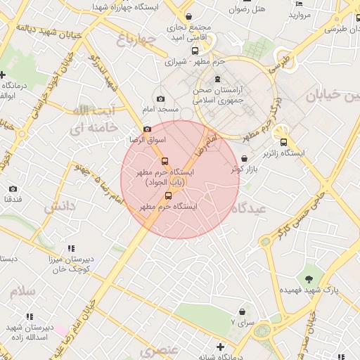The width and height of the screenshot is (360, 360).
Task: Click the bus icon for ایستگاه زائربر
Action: pos(283,141)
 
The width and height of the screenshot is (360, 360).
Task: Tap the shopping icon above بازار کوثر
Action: pos(244,159)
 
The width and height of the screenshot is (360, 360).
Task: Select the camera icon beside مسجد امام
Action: pos(161,99)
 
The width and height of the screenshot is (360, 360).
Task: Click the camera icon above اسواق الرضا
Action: pos(147,129)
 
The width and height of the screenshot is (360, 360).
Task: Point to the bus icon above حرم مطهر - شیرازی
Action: pos(195,50)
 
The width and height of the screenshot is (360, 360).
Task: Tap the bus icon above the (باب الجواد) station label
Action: pos(165,161)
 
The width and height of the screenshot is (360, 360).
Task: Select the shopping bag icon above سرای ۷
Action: pos(243,311)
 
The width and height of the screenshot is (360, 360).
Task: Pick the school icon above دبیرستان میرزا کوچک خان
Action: pos(71,248)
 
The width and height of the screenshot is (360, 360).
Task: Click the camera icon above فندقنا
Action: pos(13,189)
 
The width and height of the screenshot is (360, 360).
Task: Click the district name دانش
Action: pos(59,207)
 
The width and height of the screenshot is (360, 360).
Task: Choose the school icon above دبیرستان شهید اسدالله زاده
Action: pos(29,317)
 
